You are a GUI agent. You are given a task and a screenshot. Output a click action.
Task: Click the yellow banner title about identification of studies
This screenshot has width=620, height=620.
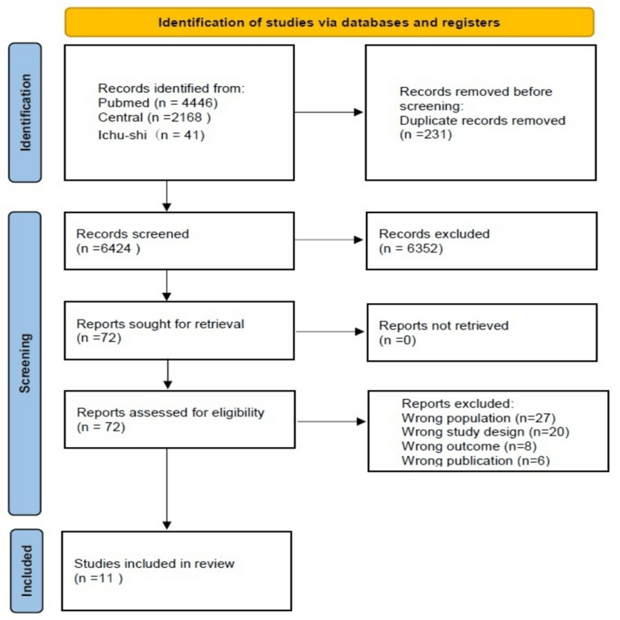point(329,23)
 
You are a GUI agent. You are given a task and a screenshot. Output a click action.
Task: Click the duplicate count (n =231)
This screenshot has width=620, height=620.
point(426,133)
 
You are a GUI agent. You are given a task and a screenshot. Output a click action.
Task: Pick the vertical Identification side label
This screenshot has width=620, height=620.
point(25,113)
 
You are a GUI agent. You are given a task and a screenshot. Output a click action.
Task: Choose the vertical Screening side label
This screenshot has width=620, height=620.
point(25,363)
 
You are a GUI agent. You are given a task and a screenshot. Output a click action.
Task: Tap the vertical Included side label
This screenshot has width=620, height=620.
point(25,570)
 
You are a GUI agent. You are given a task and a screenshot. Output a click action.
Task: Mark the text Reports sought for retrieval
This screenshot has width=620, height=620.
point(160,324)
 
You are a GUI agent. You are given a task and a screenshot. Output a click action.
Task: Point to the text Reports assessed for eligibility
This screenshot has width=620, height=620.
point(170,413)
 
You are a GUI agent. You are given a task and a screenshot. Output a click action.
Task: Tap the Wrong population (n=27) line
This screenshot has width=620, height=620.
point(479,418)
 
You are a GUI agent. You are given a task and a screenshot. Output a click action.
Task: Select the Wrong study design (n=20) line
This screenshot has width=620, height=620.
point(485,432)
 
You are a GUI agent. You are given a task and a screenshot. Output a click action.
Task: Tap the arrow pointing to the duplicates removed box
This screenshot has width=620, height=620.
point(330,113)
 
